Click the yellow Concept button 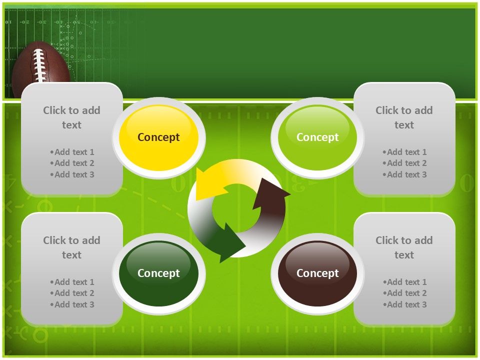click(x=158, y=137)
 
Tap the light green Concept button click(x=317, y=137)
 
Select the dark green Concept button click(x=158, y=273)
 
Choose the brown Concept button click(x=317, y=273)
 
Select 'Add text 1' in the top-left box click(x=72, y=152)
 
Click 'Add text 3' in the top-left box click(x=72, y=174)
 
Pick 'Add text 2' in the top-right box click(x=404, y=163)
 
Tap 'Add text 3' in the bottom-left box click(x=72, y=304)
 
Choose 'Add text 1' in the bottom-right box click(x=404, y=282)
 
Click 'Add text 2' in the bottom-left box click(x=72, y=293)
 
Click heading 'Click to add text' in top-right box click(x=404, y=117)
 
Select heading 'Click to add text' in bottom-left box click(x=71, y=247)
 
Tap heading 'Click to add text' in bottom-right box click(x=404, y=247)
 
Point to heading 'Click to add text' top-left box click(x=71, y=117)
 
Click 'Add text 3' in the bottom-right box click(x=404, y=304)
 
